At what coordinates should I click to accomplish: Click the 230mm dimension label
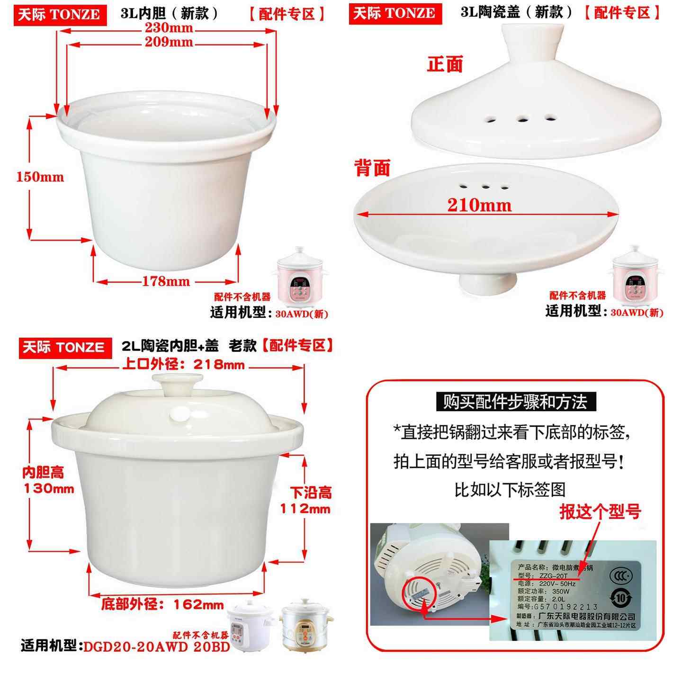pyautogui.click(x=169, y=28)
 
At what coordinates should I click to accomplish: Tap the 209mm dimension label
pyautogui.click(x=169, y=43)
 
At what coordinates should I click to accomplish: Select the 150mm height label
pyautogui.click(x=40, y=177)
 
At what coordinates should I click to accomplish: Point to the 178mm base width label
pyautogui.click(x=166, y=281)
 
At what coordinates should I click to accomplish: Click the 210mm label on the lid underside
pyautogui.click(x=479, y=205)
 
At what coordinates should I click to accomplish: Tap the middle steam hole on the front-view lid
pyautogui.click(x=522, y=119)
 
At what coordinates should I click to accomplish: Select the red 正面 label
pyautogui.click(x=444, y=64)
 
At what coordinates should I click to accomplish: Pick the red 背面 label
pyautogui.click(x=372, y=168)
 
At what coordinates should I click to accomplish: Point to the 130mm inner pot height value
pyautogui.click(x=49, y=489)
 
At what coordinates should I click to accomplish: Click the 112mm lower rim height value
pyautogui.click(x=305, y=509)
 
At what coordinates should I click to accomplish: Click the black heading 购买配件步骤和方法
pyautogui.click(x=515, y=402)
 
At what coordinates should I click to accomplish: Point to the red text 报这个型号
pyautogui.click(x=600, y=511)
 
